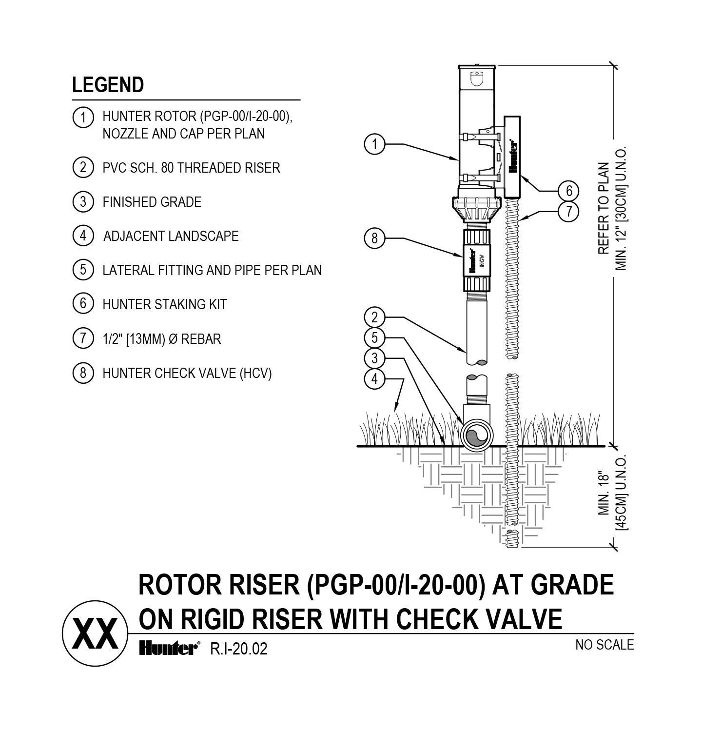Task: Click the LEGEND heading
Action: click(108, 85)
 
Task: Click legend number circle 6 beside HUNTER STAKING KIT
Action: click(83, 304)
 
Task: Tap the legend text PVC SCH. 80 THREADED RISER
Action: click(191, 168)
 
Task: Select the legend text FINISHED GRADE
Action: click(152, 202)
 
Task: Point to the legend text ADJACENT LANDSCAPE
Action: click(171, 236)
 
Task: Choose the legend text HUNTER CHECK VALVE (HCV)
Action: click(187, 373)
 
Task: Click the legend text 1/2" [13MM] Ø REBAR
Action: click(161, 338)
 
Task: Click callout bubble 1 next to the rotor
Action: click(375, 144)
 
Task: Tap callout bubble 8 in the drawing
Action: click(375, 238)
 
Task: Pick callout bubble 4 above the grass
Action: click(375, 379)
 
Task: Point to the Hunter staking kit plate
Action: click(513, 156)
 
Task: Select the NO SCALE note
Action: click(604, 645)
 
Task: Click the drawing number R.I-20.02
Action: click(238, 649)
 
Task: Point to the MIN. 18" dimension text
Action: click(604, 494)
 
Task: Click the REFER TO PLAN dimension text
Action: click(604, 208)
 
